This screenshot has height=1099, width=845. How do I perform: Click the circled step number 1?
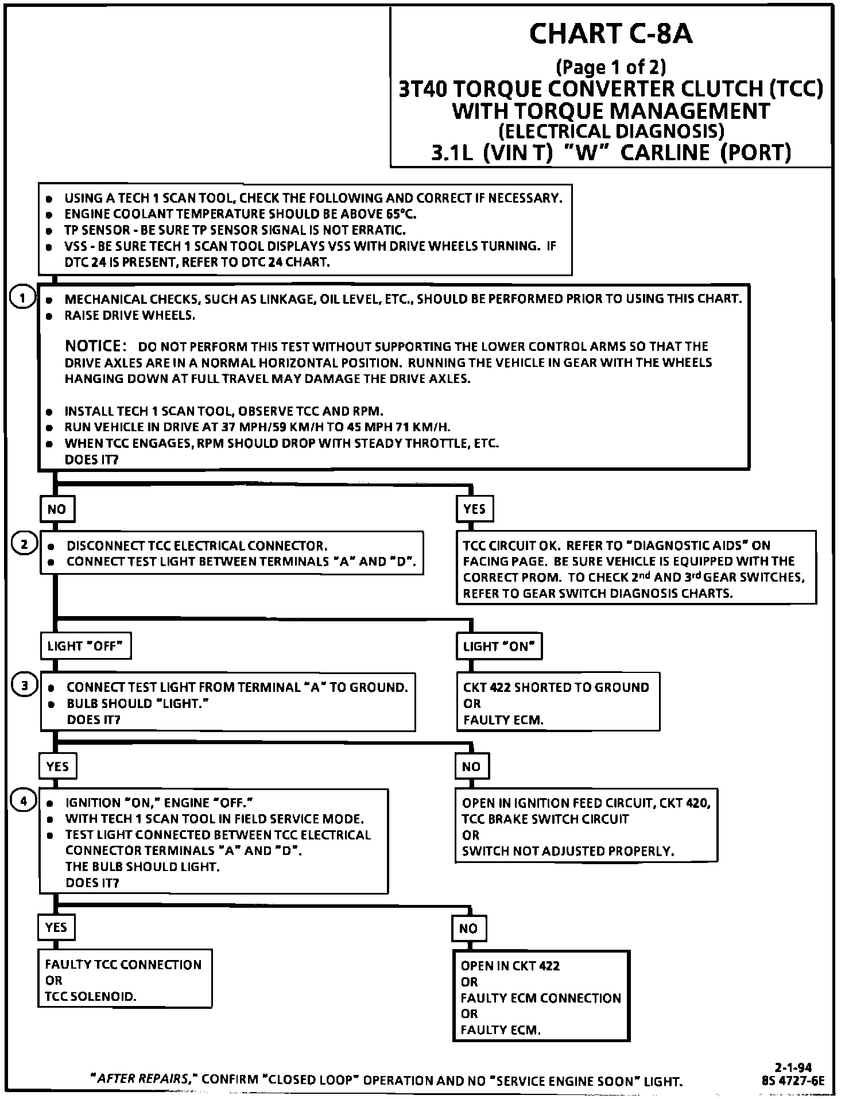22,298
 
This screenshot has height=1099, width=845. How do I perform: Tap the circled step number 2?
24,544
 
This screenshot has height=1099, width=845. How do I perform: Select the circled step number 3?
24,686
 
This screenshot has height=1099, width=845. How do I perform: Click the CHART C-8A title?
610,34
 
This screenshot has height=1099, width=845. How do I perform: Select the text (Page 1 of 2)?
611,68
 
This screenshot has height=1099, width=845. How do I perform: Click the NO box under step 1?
57,509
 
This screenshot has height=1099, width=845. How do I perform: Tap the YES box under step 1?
475,509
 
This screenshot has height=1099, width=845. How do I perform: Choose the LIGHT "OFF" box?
86,646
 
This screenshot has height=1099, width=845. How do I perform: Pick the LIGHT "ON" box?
499,646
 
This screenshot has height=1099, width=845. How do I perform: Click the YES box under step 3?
57,767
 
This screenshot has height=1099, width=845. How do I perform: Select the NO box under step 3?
471,767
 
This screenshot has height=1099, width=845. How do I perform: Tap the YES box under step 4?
56,927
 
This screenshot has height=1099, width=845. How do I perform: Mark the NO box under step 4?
468,928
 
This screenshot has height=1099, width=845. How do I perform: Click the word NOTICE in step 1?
95,346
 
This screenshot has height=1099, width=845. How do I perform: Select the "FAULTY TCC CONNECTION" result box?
125,980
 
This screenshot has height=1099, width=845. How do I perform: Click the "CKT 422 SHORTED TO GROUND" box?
557,702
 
